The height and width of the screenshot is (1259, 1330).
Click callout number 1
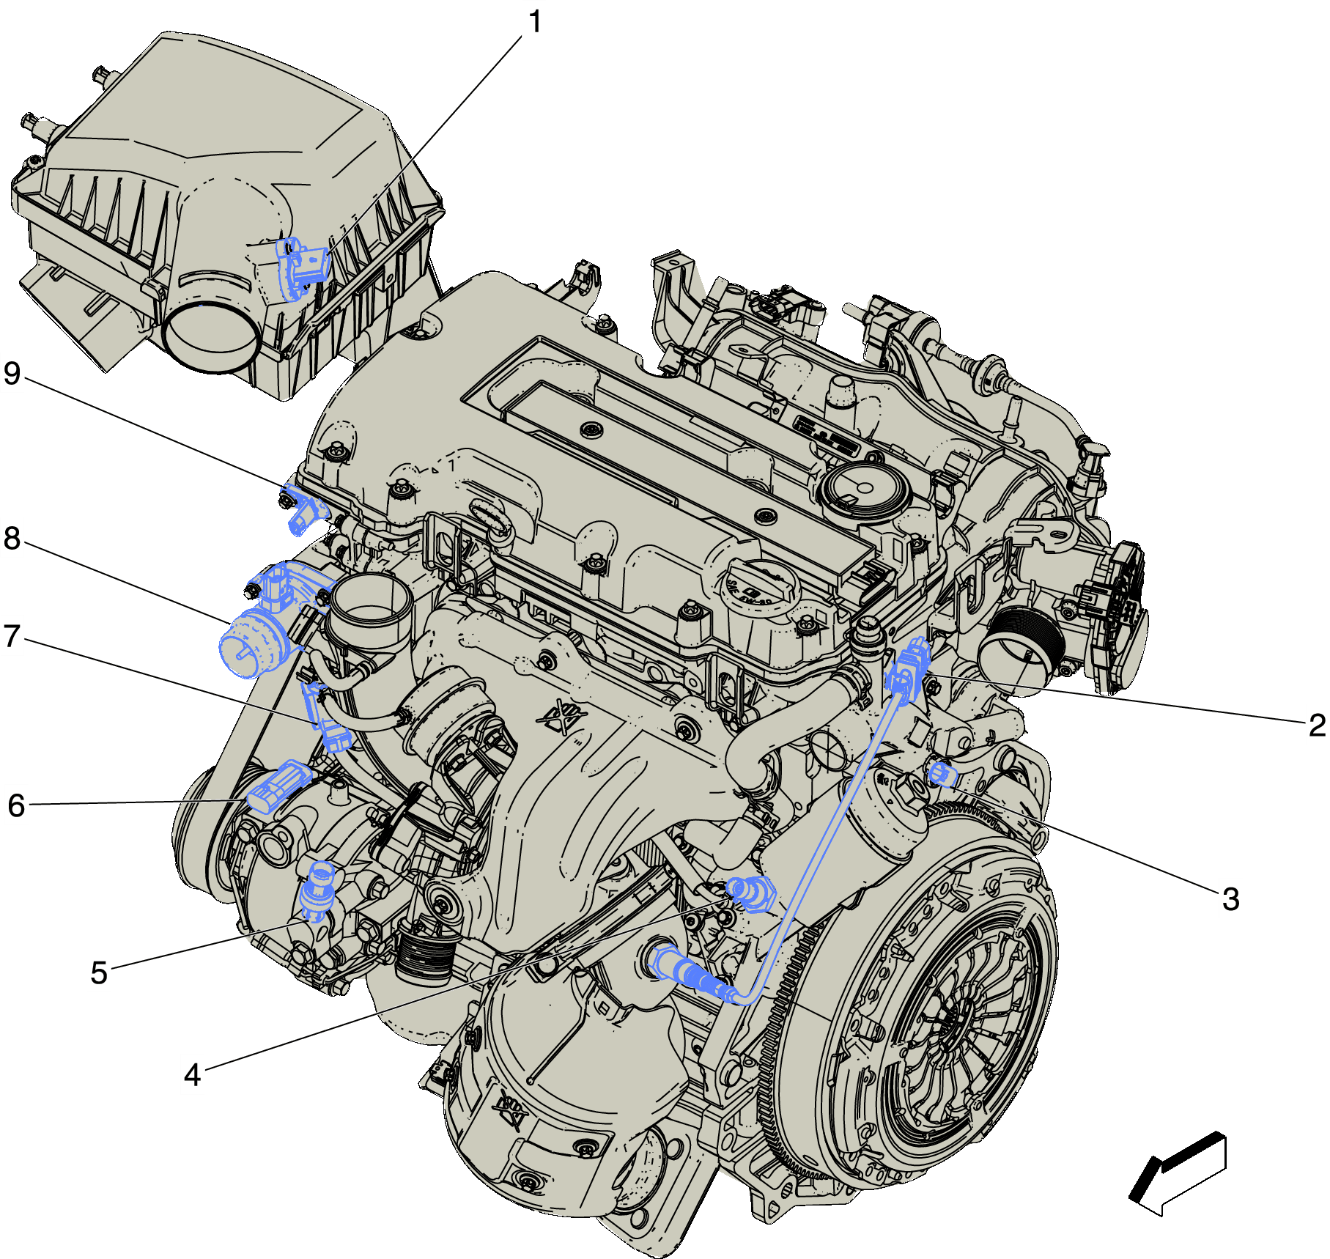coord(536,22)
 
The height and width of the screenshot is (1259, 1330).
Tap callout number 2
coord(1317,726)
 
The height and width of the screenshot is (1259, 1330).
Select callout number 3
coord(1230,899)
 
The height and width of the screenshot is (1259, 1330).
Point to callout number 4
coord(192,1075)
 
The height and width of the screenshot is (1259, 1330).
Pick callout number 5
coord(99,973)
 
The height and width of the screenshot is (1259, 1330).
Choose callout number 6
coord(16,805)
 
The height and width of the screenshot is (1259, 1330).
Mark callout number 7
coord(12,636)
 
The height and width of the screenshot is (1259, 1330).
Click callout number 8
coord(12,539)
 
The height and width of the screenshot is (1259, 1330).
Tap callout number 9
coord(12,373)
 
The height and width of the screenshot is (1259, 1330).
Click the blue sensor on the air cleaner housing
coord(300,268)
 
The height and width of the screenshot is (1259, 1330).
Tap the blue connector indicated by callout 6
coord(278,786)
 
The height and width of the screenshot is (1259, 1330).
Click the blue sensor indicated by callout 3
coord(941,773)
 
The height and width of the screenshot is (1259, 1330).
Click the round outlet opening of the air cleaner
coord(211,337)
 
